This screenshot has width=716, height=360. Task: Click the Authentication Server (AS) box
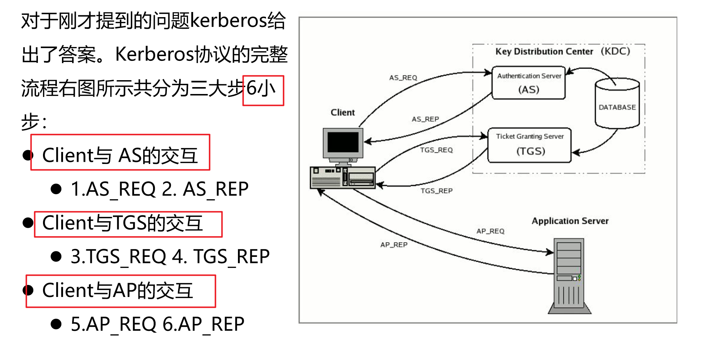tap(528, 83)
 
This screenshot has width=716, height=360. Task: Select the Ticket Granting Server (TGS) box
tap(529, 145)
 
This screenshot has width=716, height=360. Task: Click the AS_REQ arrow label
tap(403, 78)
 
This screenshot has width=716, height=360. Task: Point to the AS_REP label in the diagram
tap(425, 119)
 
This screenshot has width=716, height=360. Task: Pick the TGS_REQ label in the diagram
tap(436, 150)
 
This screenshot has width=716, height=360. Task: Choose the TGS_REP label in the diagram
tap(437, 191)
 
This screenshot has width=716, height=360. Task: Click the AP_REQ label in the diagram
tap(490, 231)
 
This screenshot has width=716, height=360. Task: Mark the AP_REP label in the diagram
tap(394, 245)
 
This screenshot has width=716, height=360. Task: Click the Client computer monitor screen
tap(343, 142)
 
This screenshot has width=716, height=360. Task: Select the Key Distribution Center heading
tap(562, 51)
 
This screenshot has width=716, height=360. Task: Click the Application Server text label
tap(570, 221)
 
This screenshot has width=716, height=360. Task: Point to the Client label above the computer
tap(343, 113)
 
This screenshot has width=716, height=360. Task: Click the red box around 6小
tap(263, 90)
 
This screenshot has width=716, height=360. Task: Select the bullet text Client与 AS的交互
tap(120, 156)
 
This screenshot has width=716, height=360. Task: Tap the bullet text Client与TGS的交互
tap(122, 223)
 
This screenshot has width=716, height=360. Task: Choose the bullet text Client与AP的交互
tap(117, 291)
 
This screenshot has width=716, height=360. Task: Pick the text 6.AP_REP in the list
tap(203, 324)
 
